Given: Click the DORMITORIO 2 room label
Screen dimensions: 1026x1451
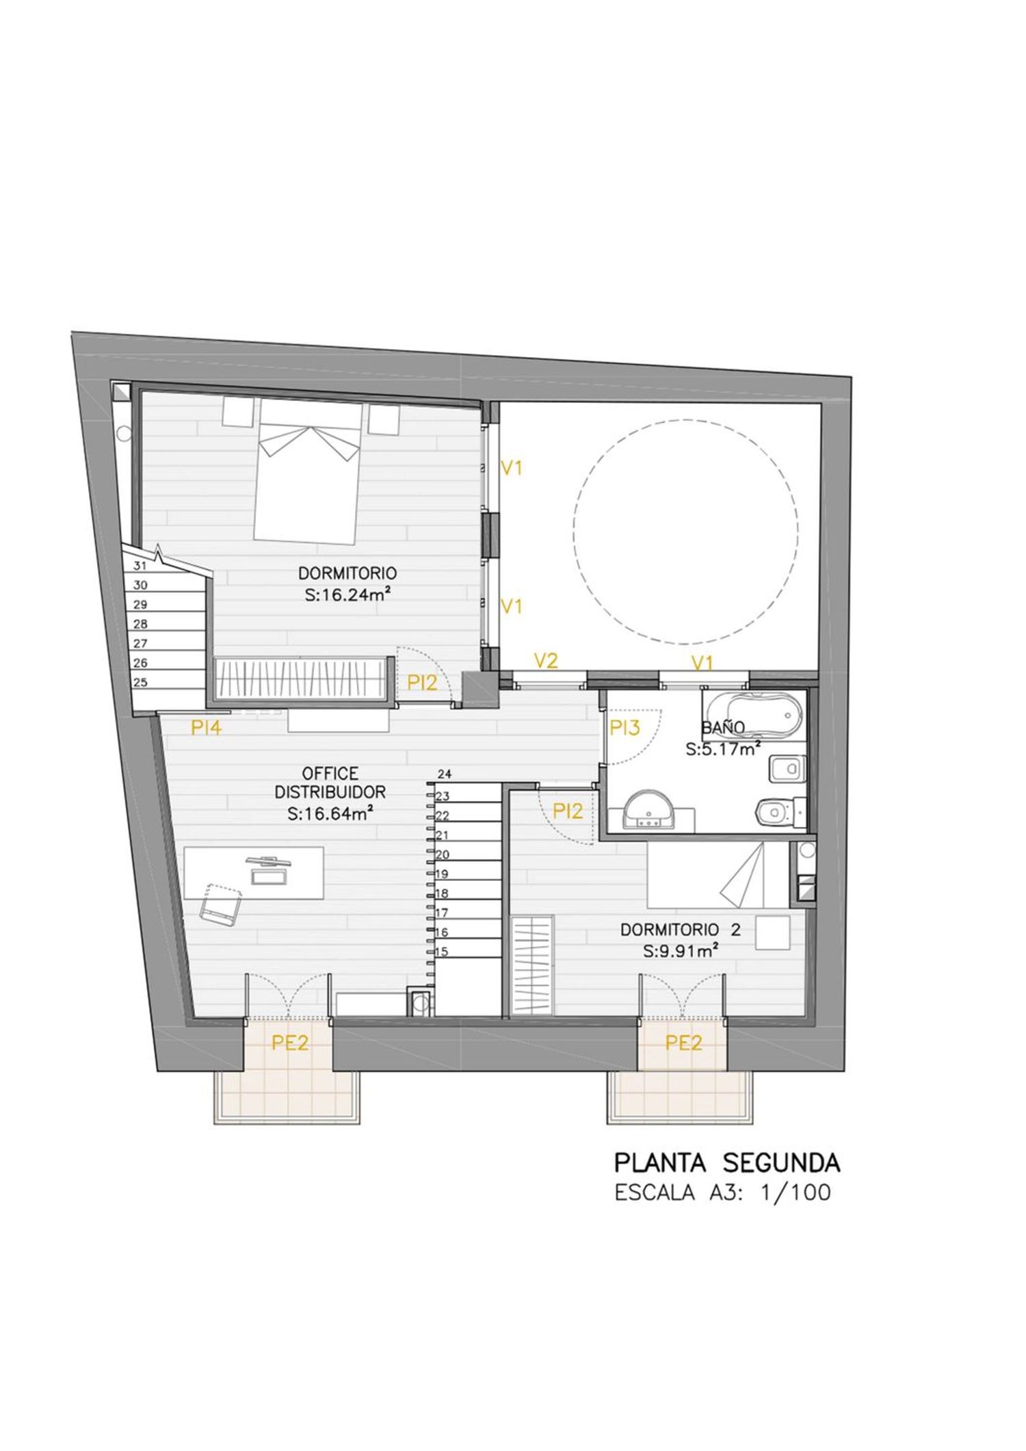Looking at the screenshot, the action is [680, 930].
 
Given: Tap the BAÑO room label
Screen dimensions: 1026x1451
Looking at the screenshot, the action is [723, 727].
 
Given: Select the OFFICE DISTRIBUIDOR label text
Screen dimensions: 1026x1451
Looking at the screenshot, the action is [330, 783].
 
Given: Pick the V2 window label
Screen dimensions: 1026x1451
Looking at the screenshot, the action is [546, 661].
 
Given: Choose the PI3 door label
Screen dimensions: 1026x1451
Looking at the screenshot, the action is [624, 728].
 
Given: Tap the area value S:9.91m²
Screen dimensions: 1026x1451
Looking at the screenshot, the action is [680, 950].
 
